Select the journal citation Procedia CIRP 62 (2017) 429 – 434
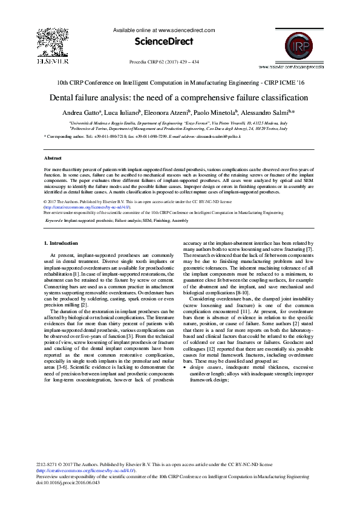(165, 62)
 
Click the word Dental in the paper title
(63, 97)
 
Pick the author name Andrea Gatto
(80, 112)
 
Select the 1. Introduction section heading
(61, 242)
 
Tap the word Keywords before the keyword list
(53, 221)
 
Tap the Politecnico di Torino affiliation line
(178, 129)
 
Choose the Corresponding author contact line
(143, 137)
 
